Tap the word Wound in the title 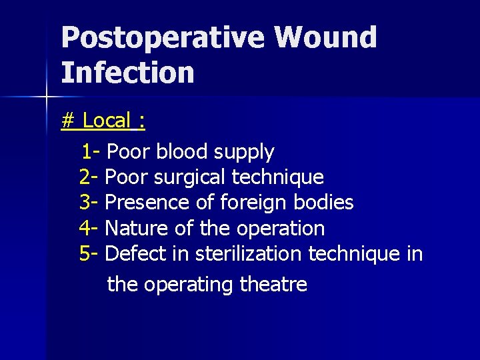pos(325,38)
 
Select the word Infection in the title pos(127,73)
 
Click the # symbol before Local pos(67,121)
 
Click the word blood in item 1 pos(182,152)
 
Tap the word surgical pos(189,178)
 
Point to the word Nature pos(137,228)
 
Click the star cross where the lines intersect pos(46,97)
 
